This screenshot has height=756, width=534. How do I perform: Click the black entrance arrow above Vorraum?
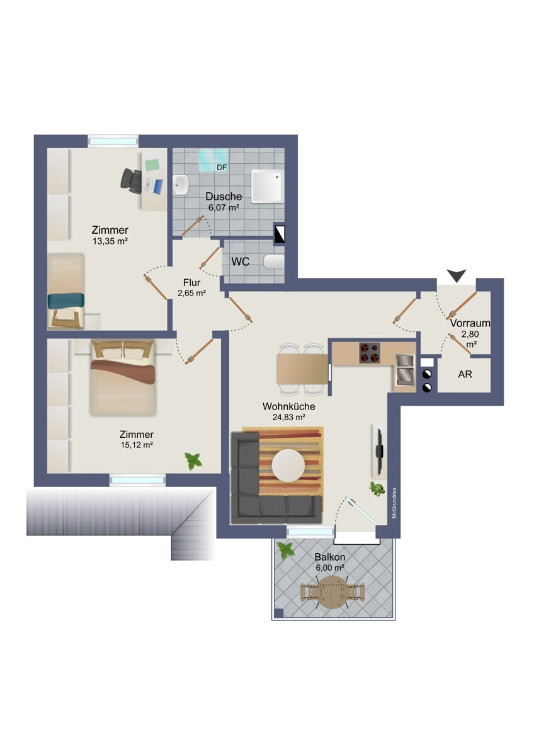click(x=457, y=275)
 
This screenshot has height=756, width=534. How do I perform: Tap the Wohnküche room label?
click(x=289, y=406)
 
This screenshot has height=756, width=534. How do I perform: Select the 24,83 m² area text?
click(x=289, y=417)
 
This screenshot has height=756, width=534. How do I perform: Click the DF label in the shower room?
click(x=222, y=167)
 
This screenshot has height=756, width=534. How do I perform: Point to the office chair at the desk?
click(x=131, y=181)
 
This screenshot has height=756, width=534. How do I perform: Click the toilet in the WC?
click(x=273, y=262)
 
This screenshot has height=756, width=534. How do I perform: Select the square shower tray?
click(x=268, y=186)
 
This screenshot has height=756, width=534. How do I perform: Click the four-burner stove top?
click(x=370, y=353)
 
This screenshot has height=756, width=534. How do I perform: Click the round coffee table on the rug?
click(x=288, y=466)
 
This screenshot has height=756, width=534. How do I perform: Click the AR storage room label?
click(x=465, y=374)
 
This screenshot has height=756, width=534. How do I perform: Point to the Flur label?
click(x=191, y=282)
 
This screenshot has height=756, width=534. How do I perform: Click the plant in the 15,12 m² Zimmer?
click(x=193, y=461)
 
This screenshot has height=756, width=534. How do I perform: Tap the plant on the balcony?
click(x=285, y=550)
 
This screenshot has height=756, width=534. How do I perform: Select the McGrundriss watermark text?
click(x=394, y=503)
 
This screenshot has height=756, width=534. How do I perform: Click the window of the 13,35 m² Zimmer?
click(x=113, y=140)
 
